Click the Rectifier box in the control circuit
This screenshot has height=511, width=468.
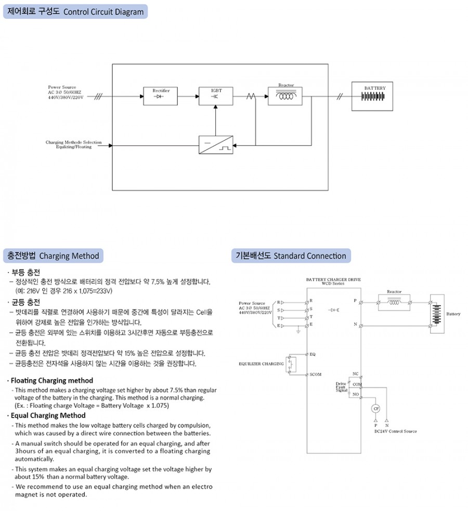(161, 96)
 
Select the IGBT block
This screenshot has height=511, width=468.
(216, 96)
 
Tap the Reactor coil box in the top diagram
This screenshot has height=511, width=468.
(285, 97)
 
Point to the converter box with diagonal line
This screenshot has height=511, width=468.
(216, 145)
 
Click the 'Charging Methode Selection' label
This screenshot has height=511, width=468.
(73, 142)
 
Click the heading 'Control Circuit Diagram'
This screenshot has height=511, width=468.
(75, 11)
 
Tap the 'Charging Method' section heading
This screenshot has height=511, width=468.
(54, 255)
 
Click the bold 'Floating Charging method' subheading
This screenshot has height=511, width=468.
(52, 381)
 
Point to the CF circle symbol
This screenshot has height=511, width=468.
(376, 409)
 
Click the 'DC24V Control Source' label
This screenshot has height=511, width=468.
(395, 431)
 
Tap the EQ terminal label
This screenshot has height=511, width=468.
(313, 354)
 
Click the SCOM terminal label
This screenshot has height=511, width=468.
(315, 374)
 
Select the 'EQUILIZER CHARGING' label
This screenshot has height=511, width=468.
(261, 364)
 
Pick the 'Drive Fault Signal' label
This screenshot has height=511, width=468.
(341, 387)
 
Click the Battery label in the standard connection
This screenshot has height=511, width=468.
(453, 314)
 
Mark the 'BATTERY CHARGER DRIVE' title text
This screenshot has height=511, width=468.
(333, 279)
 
